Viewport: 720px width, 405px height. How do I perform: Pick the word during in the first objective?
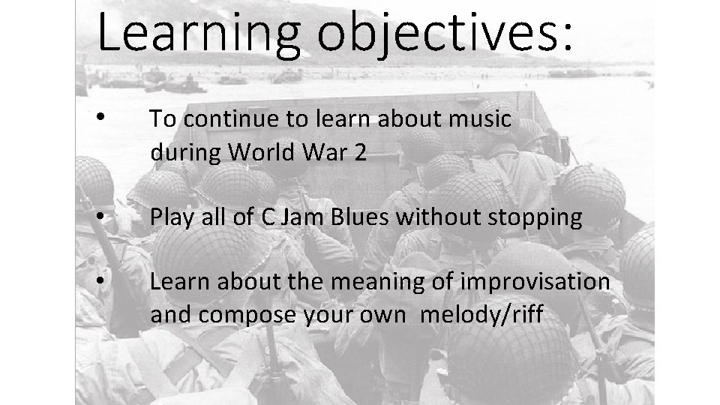[x=186, y=154]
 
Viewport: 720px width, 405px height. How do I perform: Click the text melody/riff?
[x=480, y=315]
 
